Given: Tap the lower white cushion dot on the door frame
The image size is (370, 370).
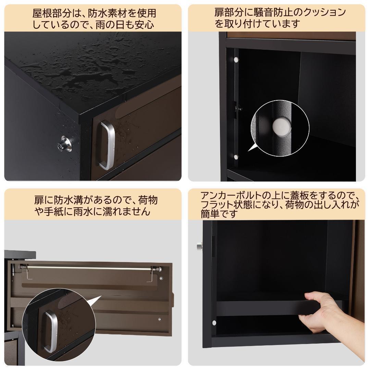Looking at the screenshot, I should [236, 157].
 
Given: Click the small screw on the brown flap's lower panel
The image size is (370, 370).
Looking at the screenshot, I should [160, 319].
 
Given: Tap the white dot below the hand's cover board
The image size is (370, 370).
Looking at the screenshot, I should [214, 322].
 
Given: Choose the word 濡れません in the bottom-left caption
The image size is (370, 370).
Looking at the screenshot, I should [122, 211].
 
